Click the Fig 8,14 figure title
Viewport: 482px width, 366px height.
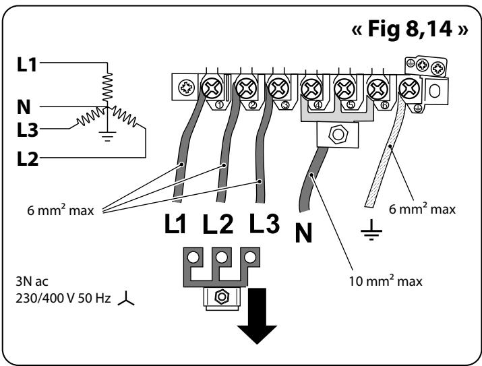click(409, 29)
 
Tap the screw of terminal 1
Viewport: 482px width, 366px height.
click(212, 88)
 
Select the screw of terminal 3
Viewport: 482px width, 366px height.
click(279, 88)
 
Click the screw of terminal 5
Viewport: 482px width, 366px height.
click(344, 89)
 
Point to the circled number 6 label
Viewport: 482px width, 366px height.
click(384, 105)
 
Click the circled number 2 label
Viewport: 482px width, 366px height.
click(252, 105)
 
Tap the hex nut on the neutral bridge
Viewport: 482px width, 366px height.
click(338, 135)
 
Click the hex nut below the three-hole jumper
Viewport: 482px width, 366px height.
click(221, 297)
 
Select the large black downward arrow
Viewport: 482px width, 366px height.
click(257, 316)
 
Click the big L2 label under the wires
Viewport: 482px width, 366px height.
click(218, 223)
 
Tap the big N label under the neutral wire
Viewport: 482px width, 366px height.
click(303, 233)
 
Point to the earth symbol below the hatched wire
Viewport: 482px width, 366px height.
click(371, 230)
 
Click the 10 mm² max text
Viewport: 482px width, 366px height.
click(386, 280)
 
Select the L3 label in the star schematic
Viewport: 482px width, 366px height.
click(28, 129)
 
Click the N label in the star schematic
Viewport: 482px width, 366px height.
click(24, 107)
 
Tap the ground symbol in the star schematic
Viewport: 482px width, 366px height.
click(107, 136)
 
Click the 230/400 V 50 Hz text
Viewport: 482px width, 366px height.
click(63, 298)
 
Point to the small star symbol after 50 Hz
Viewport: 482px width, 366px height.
click(126, 299)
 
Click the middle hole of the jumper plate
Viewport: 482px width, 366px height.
click(222, 257)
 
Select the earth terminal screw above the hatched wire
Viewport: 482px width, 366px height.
click(409, 88)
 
